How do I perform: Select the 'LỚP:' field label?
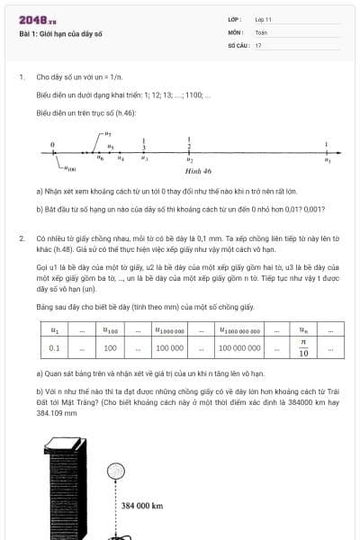pyautogui.click(x=235, y=18)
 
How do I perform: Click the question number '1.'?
pyautogui.click(x=21, y=76)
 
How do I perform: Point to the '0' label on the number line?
pyautogui.click(x=54, y=144)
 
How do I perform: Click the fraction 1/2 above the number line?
pyautogui.click(x=189, y=142)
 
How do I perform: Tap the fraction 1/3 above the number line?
pyautogui.click(x=145, y=144)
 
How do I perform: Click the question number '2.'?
pyautogui.click(x=21, y=238)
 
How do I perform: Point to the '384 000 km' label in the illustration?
pyautogui.click(x=142, y=506)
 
